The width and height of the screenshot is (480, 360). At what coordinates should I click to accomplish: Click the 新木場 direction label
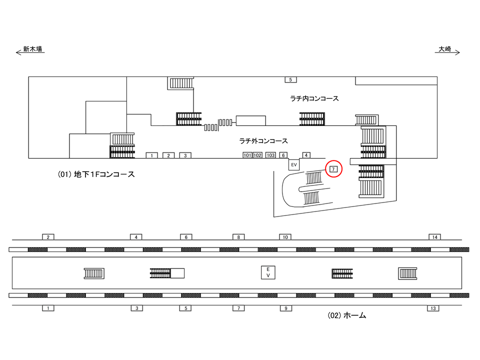pos(33,49)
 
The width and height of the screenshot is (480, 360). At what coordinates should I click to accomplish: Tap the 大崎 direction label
pos(445,49)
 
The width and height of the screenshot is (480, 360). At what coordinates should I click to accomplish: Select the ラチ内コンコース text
pos(314,98)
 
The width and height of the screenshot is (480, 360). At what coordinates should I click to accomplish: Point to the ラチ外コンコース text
pos(263,141)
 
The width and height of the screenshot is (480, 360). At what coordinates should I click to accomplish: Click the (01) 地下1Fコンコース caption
pos(96,174)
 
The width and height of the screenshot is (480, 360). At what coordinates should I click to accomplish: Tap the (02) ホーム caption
pos(347,315)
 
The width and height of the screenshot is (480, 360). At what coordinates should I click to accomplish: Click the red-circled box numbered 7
pos(333,169)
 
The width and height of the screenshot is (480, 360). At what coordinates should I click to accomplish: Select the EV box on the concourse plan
pos(294,164)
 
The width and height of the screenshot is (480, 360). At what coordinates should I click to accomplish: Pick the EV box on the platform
pos(268,272)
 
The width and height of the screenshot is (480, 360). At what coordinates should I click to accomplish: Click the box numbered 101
pos(247,155)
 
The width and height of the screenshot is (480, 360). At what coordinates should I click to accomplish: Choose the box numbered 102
pos(257,155)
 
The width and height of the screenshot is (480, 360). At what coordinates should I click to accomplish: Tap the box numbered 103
pos(270,155)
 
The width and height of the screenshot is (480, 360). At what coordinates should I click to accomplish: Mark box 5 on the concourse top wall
pos(291,79)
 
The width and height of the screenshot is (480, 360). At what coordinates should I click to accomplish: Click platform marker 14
pos(435,237)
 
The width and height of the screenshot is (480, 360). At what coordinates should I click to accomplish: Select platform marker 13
pos(433,308)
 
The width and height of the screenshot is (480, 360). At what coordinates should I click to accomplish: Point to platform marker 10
pos(285,237)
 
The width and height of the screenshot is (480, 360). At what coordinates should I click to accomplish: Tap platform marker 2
pos(48,237)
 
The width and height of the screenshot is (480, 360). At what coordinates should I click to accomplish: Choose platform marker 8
pos(238,237)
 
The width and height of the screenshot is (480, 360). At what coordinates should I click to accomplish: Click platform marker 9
pos(286,308)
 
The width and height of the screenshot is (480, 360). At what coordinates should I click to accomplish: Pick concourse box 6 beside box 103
pos(283,155)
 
